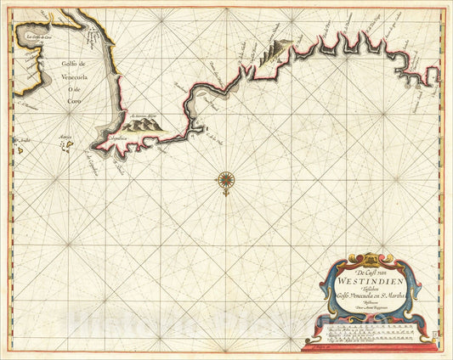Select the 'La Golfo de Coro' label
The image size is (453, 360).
(x=38, y=37)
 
